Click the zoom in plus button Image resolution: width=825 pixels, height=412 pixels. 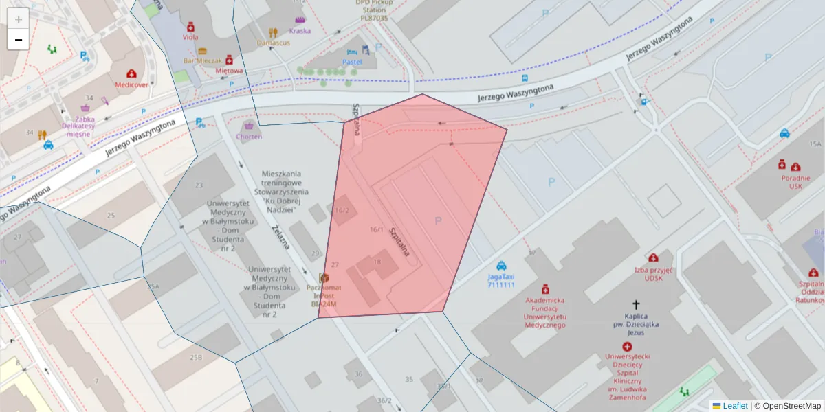coord(18,19)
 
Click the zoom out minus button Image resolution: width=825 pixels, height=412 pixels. coord(18,40)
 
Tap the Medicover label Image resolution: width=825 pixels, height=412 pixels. coord(131,85)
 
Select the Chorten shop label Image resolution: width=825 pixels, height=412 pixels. coord(248,137)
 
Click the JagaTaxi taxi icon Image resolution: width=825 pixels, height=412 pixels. coord(502,265)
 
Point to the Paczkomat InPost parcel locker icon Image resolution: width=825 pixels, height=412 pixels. coord(324,277)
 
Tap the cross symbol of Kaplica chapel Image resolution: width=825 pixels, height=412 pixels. coord(636,304)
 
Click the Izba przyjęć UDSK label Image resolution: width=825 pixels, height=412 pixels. coord(652,275)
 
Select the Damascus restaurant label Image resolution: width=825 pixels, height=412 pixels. coord(273,43)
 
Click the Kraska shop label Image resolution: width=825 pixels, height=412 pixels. coord(300,31)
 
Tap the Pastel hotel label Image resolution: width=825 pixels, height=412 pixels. coord(352,62)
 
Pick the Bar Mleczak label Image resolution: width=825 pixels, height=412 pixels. coord(202,60)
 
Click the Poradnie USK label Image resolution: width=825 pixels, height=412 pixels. coord(795,181)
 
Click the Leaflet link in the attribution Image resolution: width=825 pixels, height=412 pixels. coord(735,406)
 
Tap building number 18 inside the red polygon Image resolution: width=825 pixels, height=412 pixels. coord(377,262)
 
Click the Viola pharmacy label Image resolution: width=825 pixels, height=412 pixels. coord(190,37)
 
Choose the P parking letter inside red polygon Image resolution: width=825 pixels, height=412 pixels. coord(438,220)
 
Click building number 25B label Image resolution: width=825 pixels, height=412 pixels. coord(196,357)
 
